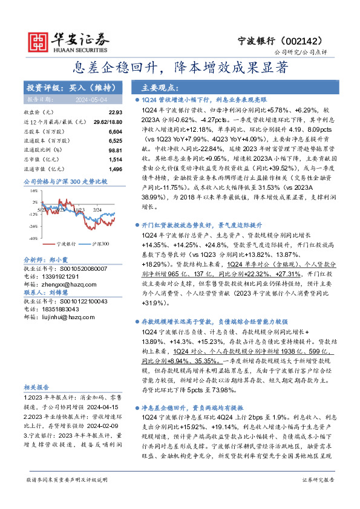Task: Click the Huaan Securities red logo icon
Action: [39, 40]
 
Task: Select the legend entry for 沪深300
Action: [100, 244]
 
